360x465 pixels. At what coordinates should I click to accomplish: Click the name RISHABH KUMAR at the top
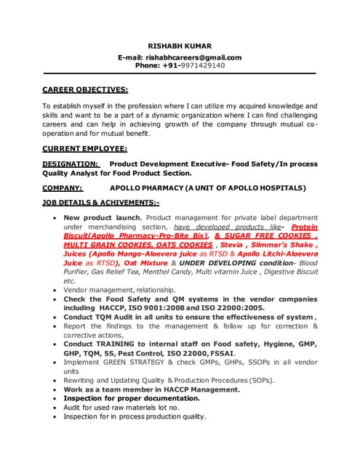[x=180, y=45]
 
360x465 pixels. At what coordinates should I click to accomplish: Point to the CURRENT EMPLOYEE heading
[x=84, y=148]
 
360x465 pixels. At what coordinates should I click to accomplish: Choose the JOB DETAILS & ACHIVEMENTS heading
[x=100, y=203]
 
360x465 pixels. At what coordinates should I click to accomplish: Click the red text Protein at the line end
[x=303, y=227]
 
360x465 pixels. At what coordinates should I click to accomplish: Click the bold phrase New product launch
[x=103, y=217]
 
